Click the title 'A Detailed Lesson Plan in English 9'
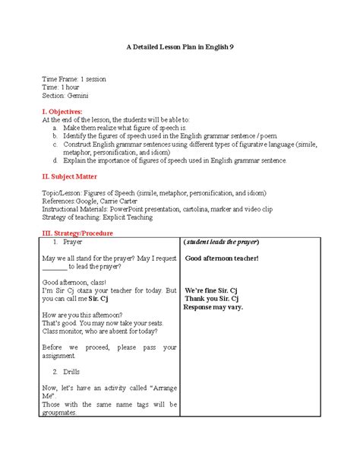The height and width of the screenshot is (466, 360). coord(179,47)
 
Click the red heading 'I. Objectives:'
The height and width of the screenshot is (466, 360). coord(67,111)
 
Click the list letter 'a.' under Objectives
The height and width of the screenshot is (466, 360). coord(55,128)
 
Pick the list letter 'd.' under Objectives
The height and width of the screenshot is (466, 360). coord(55,160)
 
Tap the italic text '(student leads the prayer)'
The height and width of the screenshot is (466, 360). coord(222,242)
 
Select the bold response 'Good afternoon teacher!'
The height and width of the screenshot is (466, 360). coord(222,258)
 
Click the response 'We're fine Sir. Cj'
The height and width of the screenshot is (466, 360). coord(216,291)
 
